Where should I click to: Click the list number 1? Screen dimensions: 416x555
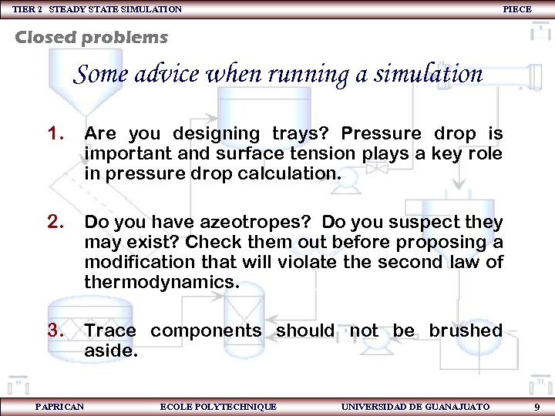(x=55, y=134)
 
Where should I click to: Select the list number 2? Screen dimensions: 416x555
(x=55, y=223)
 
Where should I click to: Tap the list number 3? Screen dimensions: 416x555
(x=55, y=330)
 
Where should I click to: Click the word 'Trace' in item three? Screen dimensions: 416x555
(x=110, y=330)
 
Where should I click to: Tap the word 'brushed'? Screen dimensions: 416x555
(x=466, y=330)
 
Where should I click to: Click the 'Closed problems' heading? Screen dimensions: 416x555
(x=91, y=37)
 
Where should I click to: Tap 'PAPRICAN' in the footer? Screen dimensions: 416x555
(x=59, y=406)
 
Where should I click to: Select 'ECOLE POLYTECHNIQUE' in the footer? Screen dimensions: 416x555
(x=218, y=406)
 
